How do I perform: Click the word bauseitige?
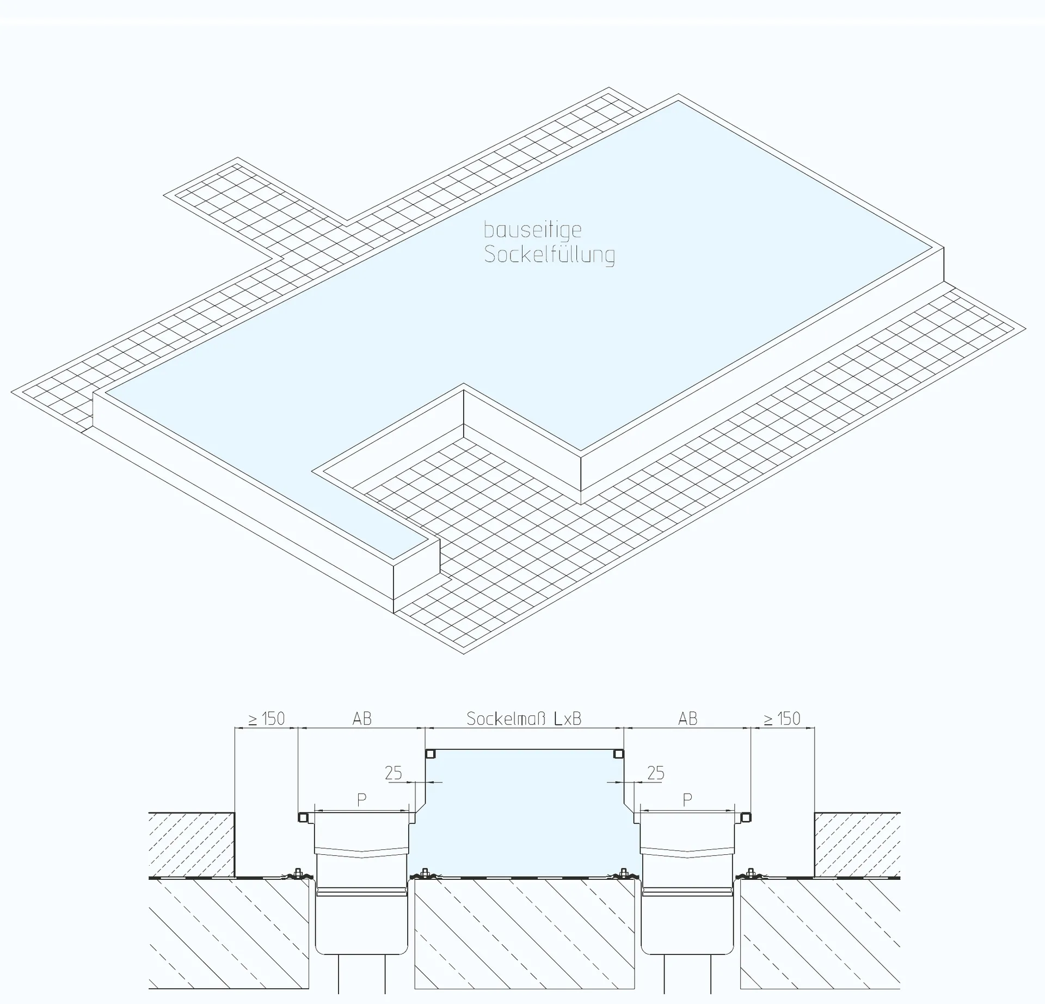click(x=533, y=231)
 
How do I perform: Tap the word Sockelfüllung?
click(x=550, y=255)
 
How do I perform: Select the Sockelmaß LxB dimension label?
click(x=524, y=719)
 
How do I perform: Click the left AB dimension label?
click(x=362, y=719)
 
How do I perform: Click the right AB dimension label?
click(x=688, y=719)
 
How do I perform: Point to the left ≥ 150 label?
click(x=267, y=719)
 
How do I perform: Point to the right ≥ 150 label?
click(x=782, y=719)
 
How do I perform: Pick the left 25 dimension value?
click(x=394, y=773)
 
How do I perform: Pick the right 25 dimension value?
click(x=656, y=773)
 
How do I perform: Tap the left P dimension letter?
click(x=361, y=800)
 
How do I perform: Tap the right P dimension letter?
click(x=687, y=800)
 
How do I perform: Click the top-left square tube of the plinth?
click(x=430, y=754)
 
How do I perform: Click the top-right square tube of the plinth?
click(x=618, y=754)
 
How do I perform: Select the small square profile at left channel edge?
click(x=303, y=817)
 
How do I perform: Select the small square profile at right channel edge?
click(x=746, y=817)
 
